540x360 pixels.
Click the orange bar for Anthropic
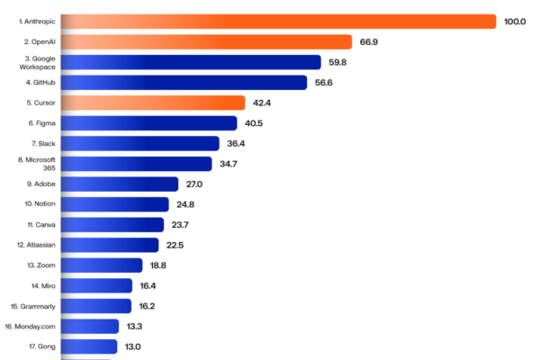[278, 22]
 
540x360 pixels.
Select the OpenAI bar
[206, 42]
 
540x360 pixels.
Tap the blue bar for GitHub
[184, 83]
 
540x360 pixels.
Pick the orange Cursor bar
[153, 103]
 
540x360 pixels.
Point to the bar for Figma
[148, 123]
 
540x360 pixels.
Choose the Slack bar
[139, 144]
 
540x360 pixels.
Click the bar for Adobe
[120, 184]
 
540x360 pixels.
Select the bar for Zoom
[102, 265]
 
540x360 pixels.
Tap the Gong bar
[89, 346]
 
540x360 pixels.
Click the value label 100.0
[515, 22]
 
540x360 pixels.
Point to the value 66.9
[369, 42]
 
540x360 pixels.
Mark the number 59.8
[337, 62]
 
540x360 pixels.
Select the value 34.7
[229, 164]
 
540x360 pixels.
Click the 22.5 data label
[175, 246]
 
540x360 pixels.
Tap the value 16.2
[147, 306]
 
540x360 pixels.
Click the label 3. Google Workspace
[37, 63]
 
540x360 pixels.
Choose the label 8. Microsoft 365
[37, 164]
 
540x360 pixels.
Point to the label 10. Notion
[40, 204]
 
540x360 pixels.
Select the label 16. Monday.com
[30, 327]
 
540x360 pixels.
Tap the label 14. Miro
[43, 286]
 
